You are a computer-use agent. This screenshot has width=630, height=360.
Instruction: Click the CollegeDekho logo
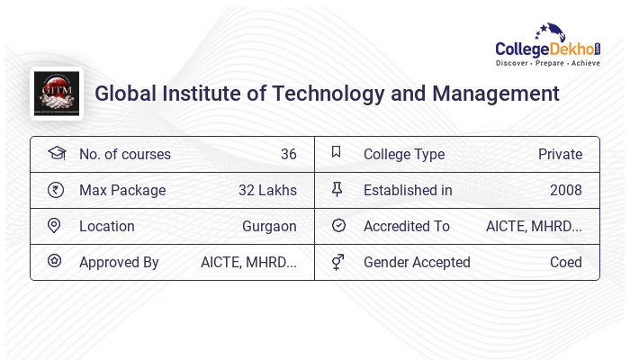coord(548,46)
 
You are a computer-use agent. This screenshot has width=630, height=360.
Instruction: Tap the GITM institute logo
coord(57,94)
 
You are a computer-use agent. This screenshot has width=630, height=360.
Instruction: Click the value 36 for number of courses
coord(288,154)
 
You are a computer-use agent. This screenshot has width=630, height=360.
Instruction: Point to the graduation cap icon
coord(56,153)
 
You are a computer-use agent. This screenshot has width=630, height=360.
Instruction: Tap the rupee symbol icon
coord(55,190)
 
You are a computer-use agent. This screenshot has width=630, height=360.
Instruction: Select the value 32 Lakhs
coord(267,190)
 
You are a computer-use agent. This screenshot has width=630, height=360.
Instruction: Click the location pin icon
coord(54,226)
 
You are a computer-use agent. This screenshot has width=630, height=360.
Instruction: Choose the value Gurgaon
coord(269,226)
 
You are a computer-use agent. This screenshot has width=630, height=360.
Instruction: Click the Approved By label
coord(119,262)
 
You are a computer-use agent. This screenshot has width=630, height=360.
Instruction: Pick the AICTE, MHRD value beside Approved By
coord(248,262)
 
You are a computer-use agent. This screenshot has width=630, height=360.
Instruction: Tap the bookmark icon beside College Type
coord(337,153)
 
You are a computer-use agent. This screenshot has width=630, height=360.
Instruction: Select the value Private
coord(560,154)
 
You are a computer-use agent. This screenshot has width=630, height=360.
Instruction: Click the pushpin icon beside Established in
coord(337,189)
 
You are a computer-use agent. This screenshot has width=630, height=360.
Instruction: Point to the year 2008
coord(565,190)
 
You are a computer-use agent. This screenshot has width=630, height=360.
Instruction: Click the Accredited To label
coord(406,226)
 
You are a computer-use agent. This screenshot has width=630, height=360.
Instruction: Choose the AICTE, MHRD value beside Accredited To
coord(534,226)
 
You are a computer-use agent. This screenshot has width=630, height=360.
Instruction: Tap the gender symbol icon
coord(337,262)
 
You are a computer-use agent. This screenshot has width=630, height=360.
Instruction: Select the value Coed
coord(566,262)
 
